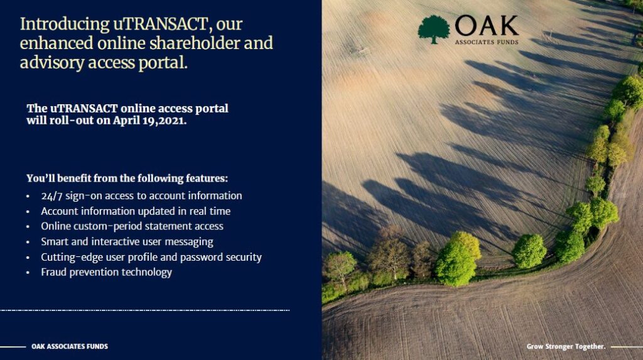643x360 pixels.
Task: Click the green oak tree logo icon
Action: click(434, 29)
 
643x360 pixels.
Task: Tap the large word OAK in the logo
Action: click(487, 26)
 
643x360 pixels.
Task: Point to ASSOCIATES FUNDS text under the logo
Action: click(487, 42)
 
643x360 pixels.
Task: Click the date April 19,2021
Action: click(149, 121)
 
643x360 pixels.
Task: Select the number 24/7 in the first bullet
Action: click(51, 196)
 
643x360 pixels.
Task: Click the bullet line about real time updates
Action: click(136, 211)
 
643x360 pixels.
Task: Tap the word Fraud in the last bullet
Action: click(54, 272)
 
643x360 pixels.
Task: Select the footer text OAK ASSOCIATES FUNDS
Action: click(70, 346)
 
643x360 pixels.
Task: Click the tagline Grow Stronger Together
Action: click(566, 346)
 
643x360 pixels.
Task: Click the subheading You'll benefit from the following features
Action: click(127, 178)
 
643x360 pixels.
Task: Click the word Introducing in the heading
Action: click(65, 25)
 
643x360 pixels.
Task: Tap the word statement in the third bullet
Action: click(166, 226)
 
